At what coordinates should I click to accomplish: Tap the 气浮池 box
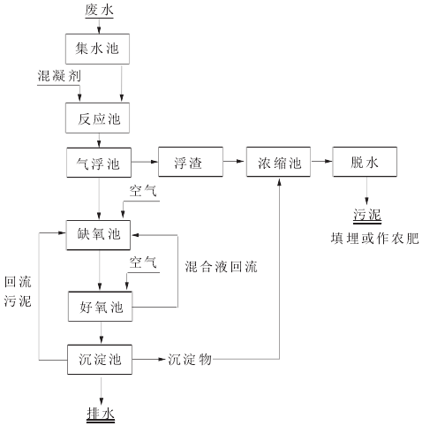(x=99, y=163)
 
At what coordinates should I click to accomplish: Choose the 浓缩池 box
(x=278, y=163)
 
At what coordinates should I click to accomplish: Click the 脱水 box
(x=365, y=163)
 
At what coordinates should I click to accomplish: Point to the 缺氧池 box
(x=99, y=233)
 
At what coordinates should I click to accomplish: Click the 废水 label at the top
(x=99, y=11)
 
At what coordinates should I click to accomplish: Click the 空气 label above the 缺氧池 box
(x=144, y=190)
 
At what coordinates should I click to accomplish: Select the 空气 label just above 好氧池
(x=144, y=262)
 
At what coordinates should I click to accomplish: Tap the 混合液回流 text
(x=223, y=264)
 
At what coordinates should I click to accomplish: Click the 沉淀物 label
(x=189, y=360)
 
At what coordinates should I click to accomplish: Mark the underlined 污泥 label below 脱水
(x=366, y=215)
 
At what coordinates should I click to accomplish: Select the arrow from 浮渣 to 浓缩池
(x=233, y=163)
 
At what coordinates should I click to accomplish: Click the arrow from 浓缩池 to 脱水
(x=321, y=163)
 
